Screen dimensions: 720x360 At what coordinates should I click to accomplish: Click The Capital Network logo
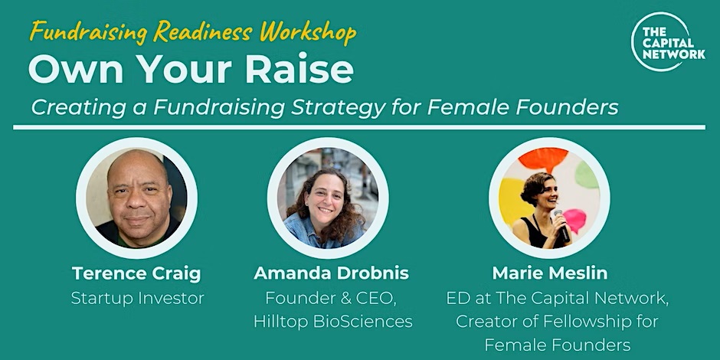point(667,42)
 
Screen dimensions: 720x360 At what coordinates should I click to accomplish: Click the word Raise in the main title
point(299,70)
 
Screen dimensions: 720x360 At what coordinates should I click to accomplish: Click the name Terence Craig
point(137,273)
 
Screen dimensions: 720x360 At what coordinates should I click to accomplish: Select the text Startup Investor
point(137,299)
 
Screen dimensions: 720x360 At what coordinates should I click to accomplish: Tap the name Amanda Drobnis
point(331,273)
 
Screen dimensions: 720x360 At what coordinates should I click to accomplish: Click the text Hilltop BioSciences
point(333,322)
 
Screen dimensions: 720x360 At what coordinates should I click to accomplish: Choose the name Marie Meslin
point(550,273)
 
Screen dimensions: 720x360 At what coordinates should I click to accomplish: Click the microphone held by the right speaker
point(561,225)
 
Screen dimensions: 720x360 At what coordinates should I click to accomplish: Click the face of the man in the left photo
point(139,195)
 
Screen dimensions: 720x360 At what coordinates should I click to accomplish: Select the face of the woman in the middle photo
point(325,201)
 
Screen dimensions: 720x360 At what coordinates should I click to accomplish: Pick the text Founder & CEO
point(331,299)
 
